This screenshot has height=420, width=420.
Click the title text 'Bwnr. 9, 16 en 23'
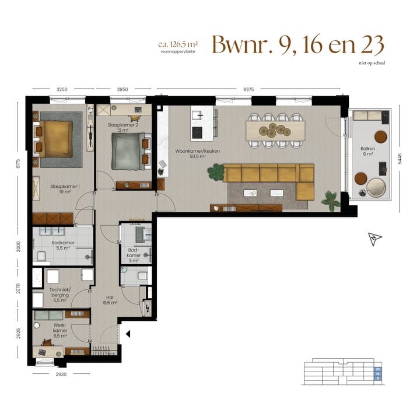297,45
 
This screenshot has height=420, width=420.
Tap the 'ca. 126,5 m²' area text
178,44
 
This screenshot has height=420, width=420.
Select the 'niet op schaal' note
372,64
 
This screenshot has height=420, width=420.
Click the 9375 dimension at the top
249,89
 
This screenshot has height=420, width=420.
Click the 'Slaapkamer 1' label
65,189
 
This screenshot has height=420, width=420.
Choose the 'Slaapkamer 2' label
123,127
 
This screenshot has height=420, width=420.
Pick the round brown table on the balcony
381,137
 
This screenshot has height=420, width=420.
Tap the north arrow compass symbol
373,239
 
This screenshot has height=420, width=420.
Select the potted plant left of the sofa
217,171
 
